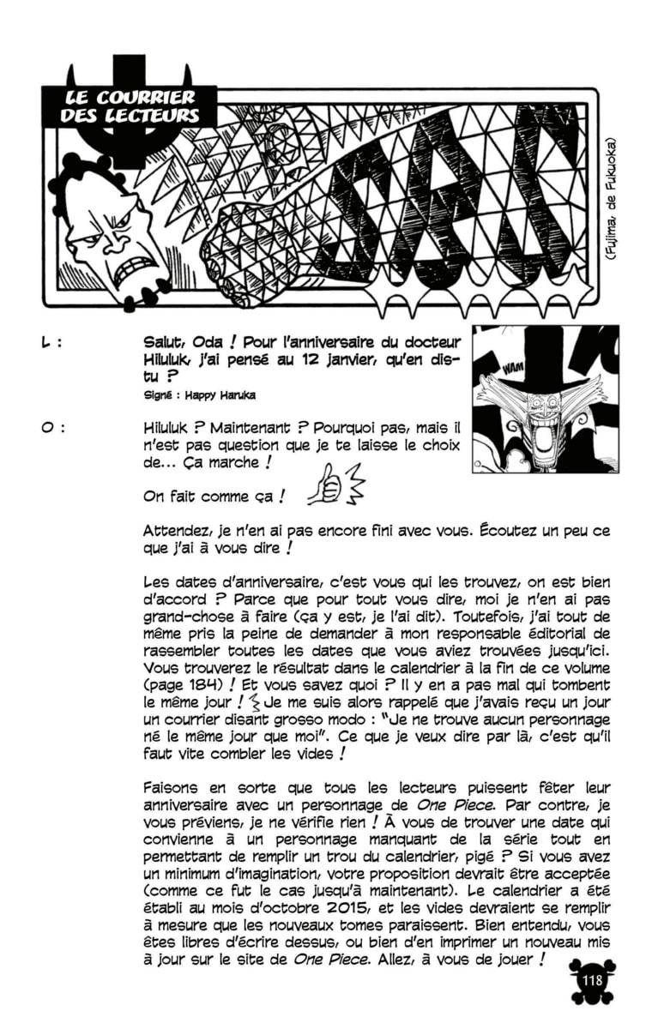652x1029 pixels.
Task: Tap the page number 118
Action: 591,981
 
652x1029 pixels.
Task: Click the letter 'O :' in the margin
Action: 51,427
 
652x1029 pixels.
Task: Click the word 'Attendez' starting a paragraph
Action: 175,532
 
